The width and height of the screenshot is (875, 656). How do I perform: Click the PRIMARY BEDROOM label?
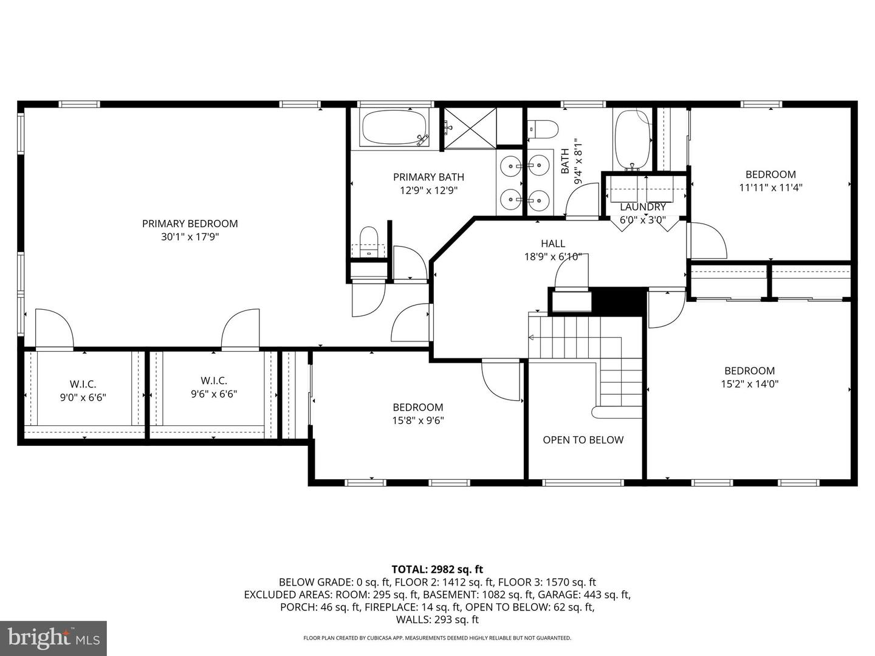pos(190,224)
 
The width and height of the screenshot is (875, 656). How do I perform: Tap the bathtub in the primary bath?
pos(396,128)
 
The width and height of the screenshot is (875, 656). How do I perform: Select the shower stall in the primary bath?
pos(469,127)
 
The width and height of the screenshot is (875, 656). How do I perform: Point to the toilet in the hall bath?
pos(543,129)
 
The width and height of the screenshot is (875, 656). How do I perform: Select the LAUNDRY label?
pos(642,207)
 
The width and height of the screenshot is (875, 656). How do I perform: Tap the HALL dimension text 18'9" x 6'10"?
pos(553,257)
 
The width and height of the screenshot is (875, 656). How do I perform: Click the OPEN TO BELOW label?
pos(583,440)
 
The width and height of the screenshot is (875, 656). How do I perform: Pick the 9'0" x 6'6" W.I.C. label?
pos(83,397)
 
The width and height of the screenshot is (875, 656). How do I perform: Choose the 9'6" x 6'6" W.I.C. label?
pos(214,394)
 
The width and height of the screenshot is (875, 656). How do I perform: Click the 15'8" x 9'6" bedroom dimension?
pos(418,420)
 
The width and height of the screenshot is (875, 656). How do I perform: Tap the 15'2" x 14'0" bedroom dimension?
pos(749,384)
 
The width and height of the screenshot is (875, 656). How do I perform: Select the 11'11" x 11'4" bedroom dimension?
pos(770,188)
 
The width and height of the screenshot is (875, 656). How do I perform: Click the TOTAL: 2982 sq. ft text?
pos(437,569)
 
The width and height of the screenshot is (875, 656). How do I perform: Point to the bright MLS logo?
pos(53,638)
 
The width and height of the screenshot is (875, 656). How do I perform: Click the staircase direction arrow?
pos(532,337)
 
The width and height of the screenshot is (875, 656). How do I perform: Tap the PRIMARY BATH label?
pos(428,177)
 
